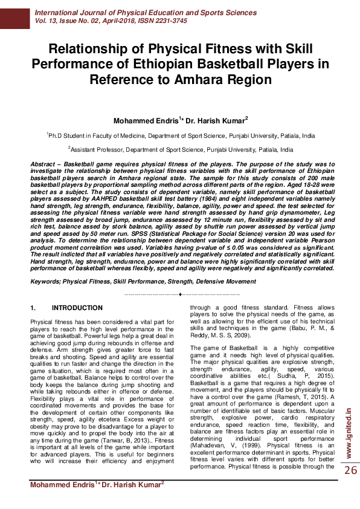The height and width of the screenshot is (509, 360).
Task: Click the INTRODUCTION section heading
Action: point(77,308)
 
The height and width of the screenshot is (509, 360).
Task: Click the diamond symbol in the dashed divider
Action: point(181,294)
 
